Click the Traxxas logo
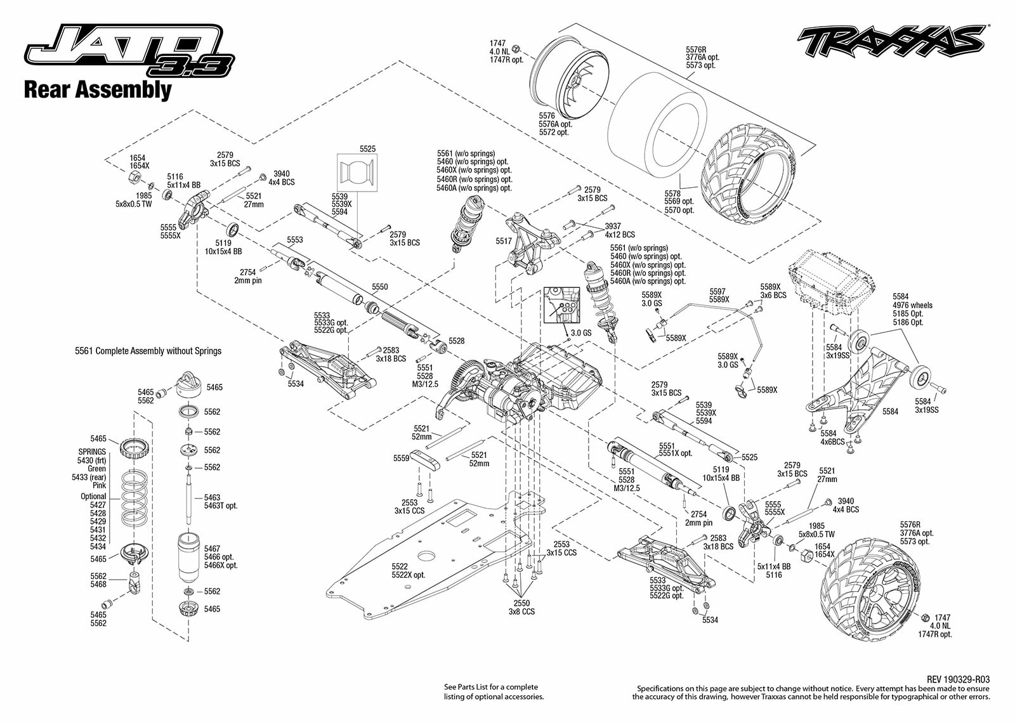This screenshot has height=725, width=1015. coord(892,42)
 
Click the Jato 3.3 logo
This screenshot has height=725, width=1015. coord(129,51)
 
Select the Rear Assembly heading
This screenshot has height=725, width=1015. coord(98,89)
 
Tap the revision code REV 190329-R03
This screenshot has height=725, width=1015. coord(958,679)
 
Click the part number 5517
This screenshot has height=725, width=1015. coord(504,241)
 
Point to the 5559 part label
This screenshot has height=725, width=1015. coord(401,458)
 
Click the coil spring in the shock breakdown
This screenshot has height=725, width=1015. coord(134,497)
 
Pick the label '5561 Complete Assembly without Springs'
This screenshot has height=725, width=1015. coord(148,351)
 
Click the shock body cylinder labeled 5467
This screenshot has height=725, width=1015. coord(189,557)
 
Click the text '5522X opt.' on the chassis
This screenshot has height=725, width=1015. coord(409,575)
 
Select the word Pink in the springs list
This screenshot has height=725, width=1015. coord(99,485)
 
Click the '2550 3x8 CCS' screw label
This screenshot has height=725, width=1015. coord(521,607)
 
